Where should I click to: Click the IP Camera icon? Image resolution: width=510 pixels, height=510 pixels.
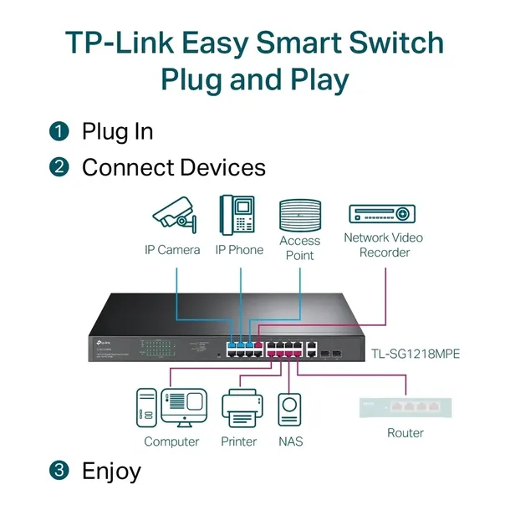pos(174,215)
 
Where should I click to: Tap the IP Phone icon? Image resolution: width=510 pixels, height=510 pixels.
pos(237,213)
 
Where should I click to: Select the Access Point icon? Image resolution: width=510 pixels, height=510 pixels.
pos(300,215)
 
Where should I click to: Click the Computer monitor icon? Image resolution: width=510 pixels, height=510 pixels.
pos(185,409)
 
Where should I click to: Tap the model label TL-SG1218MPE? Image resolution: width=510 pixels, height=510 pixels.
pos(416,354)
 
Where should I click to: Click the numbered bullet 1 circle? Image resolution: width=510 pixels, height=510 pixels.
pos(59,131)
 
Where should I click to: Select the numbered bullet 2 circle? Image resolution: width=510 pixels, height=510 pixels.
pos(59,167)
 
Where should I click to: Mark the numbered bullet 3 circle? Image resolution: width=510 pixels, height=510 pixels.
pos(59,471)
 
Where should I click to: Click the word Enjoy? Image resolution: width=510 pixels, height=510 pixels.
pos(111,471)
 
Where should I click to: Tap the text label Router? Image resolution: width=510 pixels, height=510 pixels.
pos(405,433)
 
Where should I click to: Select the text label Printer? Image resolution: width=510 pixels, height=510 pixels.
pos(238,441)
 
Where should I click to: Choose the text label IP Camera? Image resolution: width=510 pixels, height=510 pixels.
pos(171,250)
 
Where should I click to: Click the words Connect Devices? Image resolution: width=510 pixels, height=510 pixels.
pos(173,167)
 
